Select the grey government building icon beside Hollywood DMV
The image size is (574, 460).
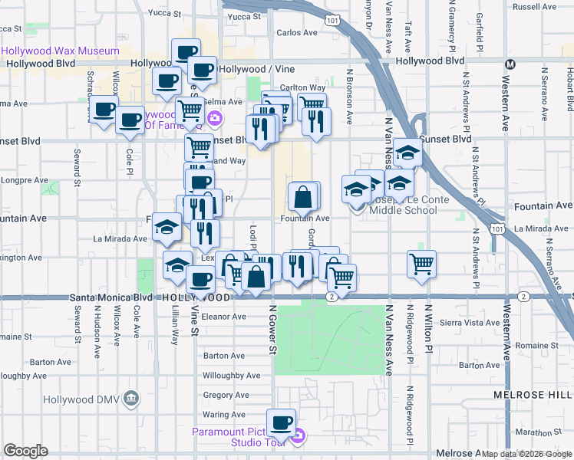130,399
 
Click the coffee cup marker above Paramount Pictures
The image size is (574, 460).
281,422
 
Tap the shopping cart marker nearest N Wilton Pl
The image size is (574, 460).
421,264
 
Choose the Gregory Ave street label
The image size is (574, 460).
226,396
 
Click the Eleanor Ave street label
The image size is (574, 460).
223,316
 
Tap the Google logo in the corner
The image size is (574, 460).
25,451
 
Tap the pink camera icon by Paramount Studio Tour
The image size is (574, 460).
299,437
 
